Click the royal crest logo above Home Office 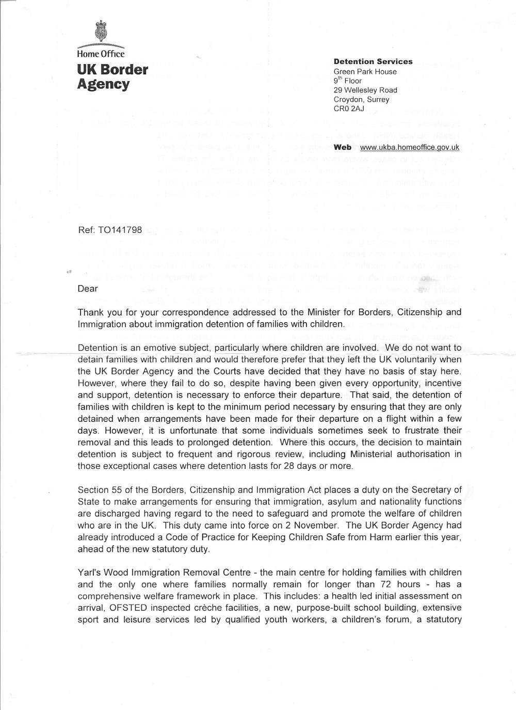pos(101,30)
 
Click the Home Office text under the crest pos(101,53)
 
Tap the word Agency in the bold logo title pos(103,84)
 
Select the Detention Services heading pos(373,61)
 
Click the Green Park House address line pos(365,72)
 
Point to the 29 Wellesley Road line pos(365,90)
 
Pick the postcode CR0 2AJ pos(349,109)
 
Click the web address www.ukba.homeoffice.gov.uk pos(410,147)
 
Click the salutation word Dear pos(88,289)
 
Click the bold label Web pos(343,147)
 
